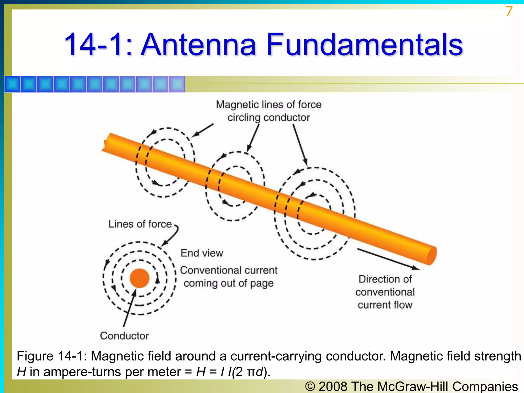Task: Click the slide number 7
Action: [509, 11]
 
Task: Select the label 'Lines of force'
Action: [140, 224]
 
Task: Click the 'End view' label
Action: [202, 253]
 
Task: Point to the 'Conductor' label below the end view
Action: [124, 336]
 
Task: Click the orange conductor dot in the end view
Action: [139, 278]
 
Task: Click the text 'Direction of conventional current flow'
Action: [385, 292]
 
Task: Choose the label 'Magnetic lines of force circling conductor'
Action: [269, 111]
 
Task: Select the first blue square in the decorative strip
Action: [12, 84]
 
